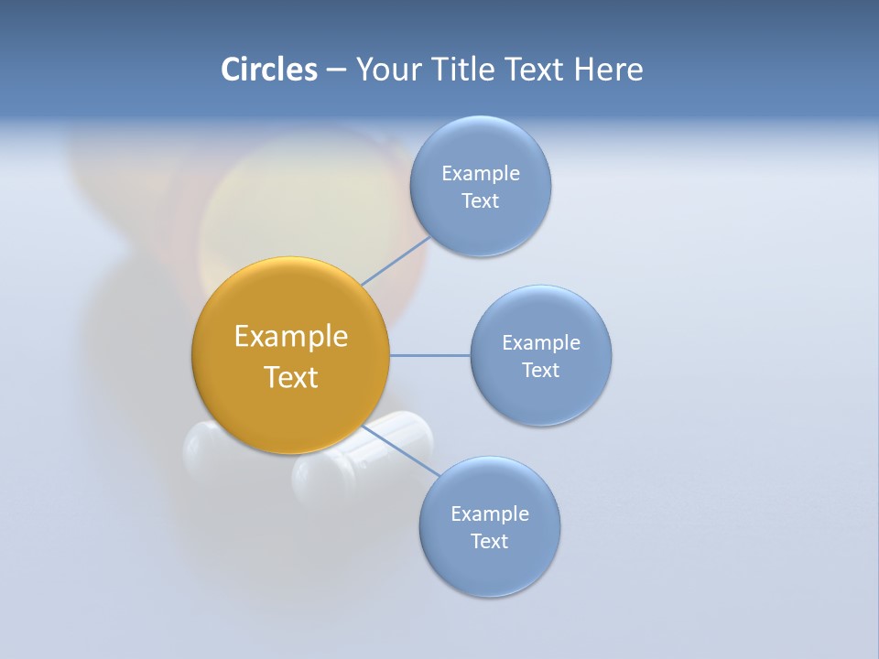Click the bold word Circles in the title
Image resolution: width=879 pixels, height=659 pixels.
[268, 70]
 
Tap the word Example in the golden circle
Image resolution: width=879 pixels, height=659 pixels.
[290, 336]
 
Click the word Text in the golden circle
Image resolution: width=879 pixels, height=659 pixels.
[290, 377]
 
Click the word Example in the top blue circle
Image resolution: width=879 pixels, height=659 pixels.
[480, 173]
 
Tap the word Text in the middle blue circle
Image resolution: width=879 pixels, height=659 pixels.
[540, 370]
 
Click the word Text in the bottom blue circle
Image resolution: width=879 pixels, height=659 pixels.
[489, 541]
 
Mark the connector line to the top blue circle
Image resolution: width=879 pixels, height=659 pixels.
[396, 261]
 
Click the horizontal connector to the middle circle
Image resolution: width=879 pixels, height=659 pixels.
[429, 355]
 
